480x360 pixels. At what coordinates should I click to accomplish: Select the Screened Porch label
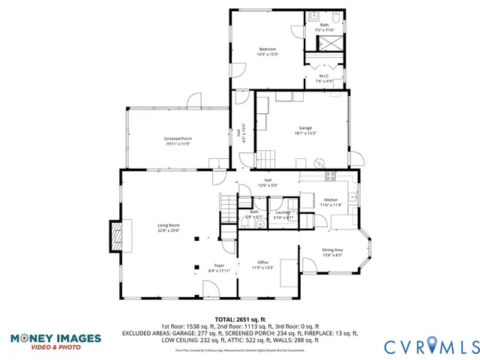[x=178, y=139]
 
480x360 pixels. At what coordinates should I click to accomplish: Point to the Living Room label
[x=168, y=226]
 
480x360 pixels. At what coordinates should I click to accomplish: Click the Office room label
[x=262, y=262]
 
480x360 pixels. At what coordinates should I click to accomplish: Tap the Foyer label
[x=220, y=265]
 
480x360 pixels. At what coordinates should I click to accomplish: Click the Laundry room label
[x=283, y=212]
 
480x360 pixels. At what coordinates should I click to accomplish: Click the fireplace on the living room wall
[x=115, y=236]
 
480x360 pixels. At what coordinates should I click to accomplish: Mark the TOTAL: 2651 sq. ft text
[x=240, y=319]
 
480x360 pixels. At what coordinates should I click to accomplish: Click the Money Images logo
[x=56, y=341]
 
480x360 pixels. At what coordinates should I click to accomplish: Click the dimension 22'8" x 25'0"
[x=168, y=231]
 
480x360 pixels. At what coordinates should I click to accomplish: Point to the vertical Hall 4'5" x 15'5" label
[x=242, y=132]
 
